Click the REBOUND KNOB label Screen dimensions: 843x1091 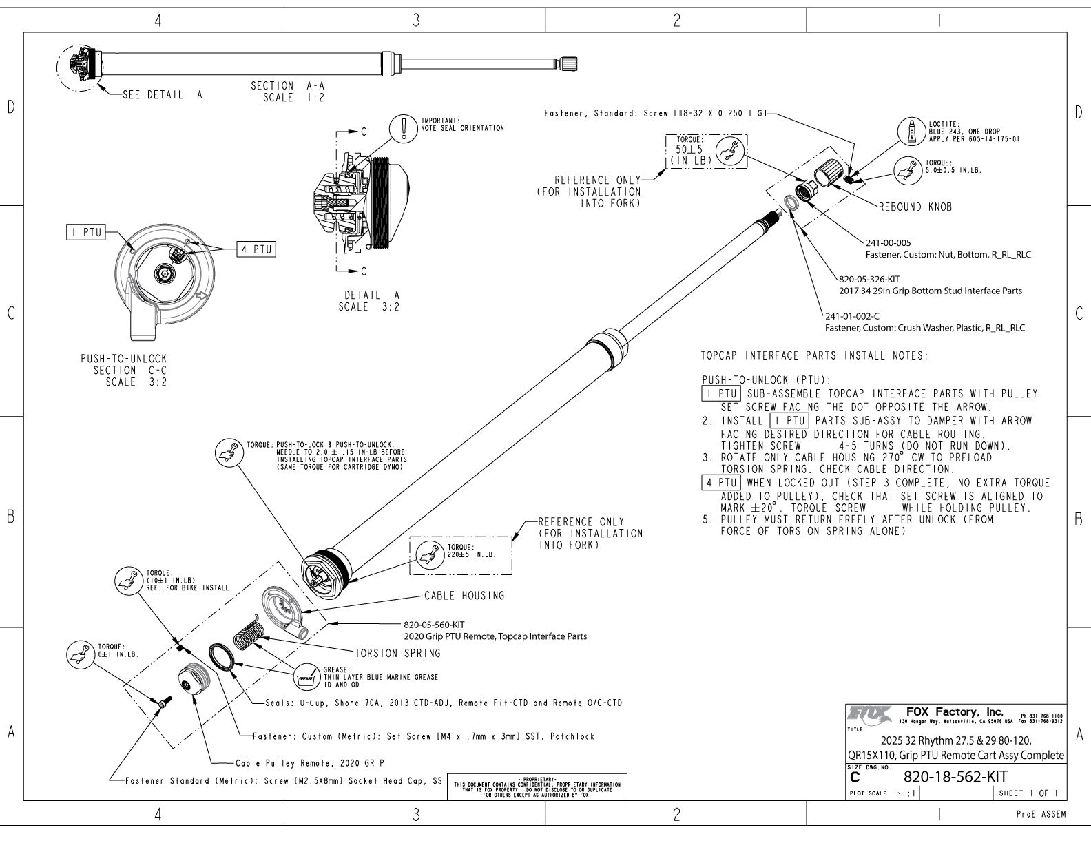pos(915,207)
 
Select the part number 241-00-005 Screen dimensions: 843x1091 pos(888,243)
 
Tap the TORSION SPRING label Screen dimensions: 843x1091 pos(397,653)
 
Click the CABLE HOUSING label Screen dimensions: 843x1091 pos(464,596)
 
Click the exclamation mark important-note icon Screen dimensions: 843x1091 pos(400,127)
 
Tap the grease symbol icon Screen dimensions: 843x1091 pos(306,677)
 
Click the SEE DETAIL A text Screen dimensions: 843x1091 pos(162,96)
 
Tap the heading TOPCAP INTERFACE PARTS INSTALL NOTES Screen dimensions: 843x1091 pos(814,356)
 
